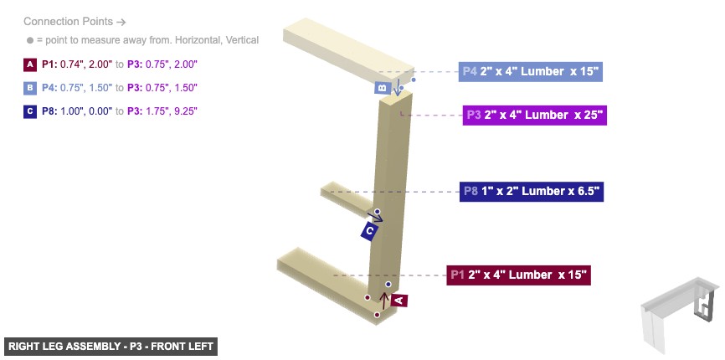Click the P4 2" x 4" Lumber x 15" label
pyautogui.click(x=531, y=71)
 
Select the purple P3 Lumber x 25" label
pyautogui.click(x=533, y=115)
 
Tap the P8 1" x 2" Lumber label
pyautogui.click(x=531, y=191)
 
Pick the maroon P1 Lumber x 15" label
pyautogui.click(x=518, y=274)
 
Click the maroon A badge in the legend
pyautogui.click(x=30, y=64)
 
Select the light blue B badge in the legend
pyautogui.click(x=30, y=87)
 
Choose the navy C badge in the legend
pyautogui.click(x=30, y=111)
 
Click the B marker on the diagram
pyautogui.click(x=382, y=87)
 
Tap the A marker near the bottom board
pyautogui.click(x=398, y=299)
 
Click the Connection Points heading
pyautogui.click(x=74, y=22)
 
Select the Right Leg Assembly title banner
pyautogui.click(x=110, y=346)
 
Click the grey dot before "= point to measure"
pyautogui.click(x=30, y=40)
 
